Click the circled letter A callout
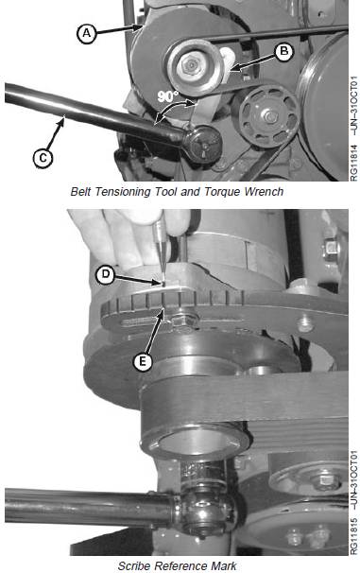(87, 34)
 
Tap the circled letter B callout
(283, 52)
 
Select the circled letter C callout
(43, 158)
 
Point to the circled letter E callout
(143, 361)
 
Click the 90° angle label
(168, 96)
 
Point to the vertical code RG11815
(354, 536)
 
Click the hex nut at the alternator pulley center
(190, 66)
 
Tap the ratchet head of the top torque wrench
(203, 144)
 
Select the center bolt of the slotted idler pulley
(270, 117)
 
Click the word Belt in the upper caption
(80, 192)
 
